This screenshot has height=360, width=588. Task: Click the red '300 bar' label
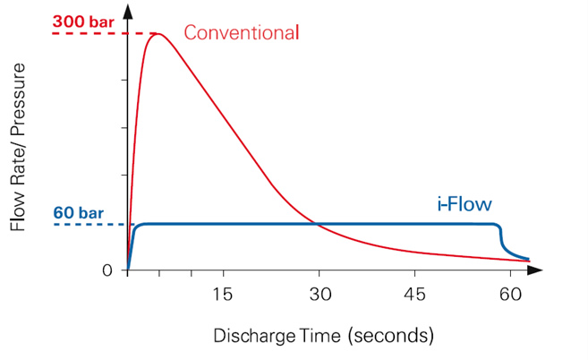pyautogui.click(x=81, y=19)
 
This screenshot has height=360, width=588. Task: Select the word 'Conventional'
pyautogui.click(x=241, y=33)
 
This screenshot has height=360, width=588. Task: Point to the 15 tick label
pyautogui.click(x=223, y=293)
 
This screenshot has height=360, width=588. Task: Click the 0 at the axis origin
pyautogui.click(x=107, y=270)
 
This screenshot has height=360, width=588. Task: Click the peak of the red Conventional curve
pyautogui.click(x=158, y=34)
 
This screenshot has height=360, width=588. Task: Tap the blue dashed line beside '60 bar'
pyautogui.click(x=90, y=223)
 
